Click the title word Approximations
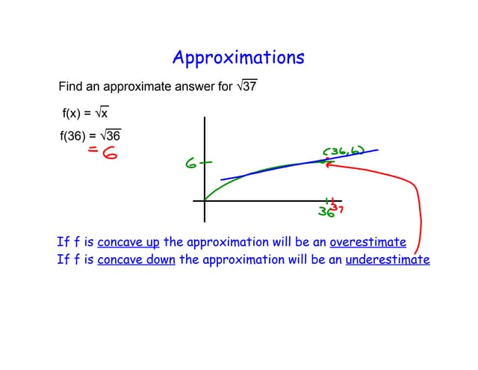click(x=238, y=58)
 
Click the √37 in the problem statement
click(x=247, y=86)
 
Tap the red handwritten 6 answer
click(x=110, y=152)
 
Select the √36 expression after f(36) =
click(x=111, y=135)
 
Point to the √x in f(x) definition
click(x=102, y=113)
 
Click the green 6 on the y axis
click(x=191, y=164)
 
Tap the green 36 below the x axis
click(x=326, y=212)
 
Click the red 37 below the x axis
click(x=338, y=209)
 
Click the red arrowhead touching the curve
click(x=329, y=164)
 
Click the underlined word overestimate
click(x=368, y=242)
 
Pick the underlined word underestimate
click(x=388, y=259)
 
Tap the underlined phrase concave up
click(x=128, y=242)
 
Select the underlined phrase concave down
click(x=136, y=260)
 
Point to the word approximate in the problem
click(x=137, y=87)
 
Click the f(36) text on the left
click(x=73, y=136)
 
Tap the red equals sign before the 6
click(x=93, y=149)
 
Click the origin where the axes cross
click(x=205, y=201)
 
